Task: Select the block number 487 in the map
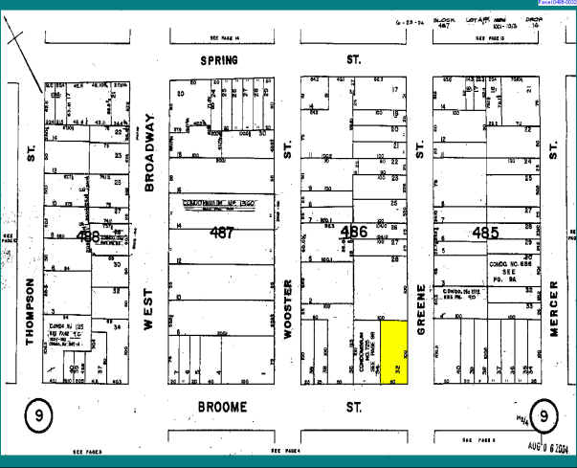[222, 232]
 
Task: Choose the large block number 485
[487, 232]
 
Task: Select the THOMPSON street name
[32, 315]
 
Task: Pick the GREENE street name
[420, 313]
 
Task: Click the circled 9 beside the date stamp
[543, 416]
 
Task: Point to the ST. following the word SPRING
[353, 59]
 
